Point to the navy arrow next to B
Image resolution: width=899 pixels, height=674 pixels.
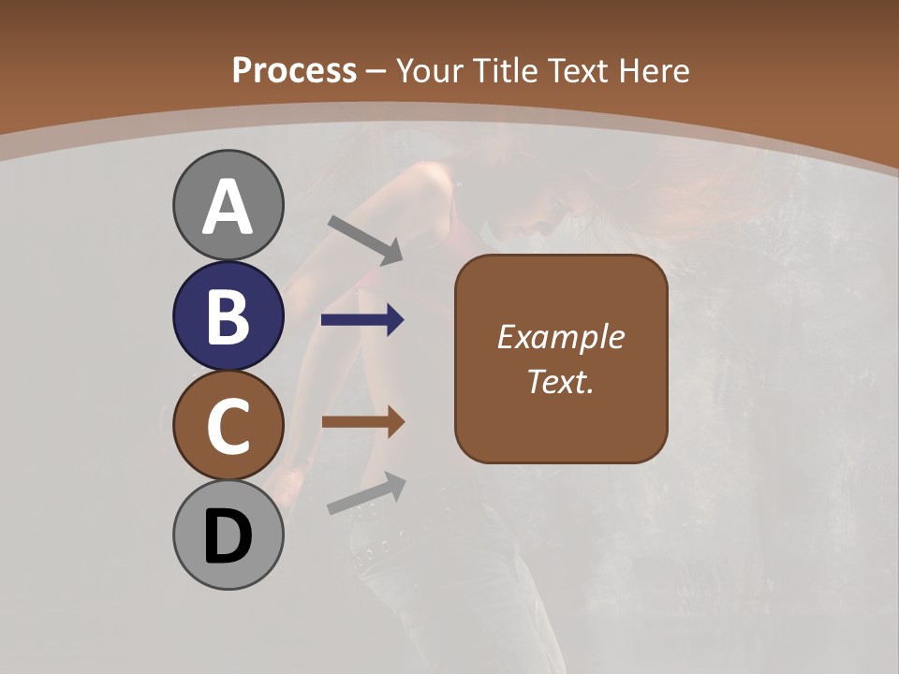coord(362,320)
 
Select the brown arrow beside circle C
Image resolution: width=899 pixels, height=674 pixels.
coord(362,422)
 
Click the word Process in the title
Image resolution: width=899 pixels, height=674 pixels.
coord(294,70)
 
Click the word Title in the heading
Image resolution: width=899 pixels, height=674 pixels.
coord(508,70)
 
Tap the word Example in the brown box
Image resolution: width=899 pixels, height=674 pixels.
coord(560,338)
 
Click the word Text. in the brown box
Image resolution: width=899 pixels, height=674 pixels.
coord(560,381)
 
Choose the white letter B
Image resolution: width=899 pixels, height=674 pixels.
coord(228,316)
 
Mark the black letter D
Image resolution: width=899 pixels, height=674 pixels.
coord(228,536)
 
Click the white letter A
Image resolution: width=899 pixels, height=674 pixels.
coord(228,206)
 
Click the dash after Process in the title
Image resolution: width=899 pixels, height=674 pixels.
coord(376,71)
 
